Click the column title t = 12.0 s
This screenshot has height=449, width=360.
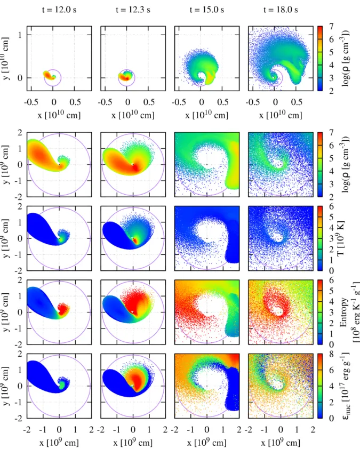(x=59, y=10)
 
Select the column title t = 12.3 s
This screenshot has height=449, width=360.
(x=133, y=10)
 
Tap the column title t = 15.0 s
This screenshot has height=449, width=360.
(x=207, y=10)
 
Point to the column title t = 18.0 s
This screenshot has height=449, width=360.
(x=281, y=10)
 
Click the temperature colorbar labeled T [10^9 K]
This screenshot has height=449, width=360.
(x=320, y=238)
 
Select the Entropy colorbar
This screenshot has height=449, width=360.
(x=320, y=312)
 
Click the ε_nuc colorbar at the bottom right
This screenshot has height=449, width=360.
(x=320, y=386)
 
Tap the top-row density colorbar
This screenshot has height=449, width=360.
(x=320, y=59)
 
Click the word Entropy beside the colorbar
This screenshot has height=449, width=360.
(x=343, y=312)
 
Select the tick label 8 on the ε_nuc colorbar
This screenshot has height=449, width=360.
(x=331, y=354)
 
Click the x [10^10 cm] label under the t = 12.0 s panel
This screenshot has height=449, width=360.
(x=59, y=115)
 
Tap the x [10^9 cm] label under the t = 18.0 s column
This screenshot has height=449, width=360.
(x=281, y=442)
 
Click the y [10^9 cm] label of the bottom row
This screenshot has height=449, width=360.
(x=6, y=386)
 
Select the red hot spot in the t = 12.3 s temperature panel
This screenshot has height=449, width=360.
(x=135, y=240)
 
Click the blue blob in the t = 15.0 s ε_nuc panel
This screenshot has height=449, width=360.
(x=233, y=389)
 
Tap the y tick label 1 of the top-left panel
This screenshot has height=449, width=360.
(x=20, y=35)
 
